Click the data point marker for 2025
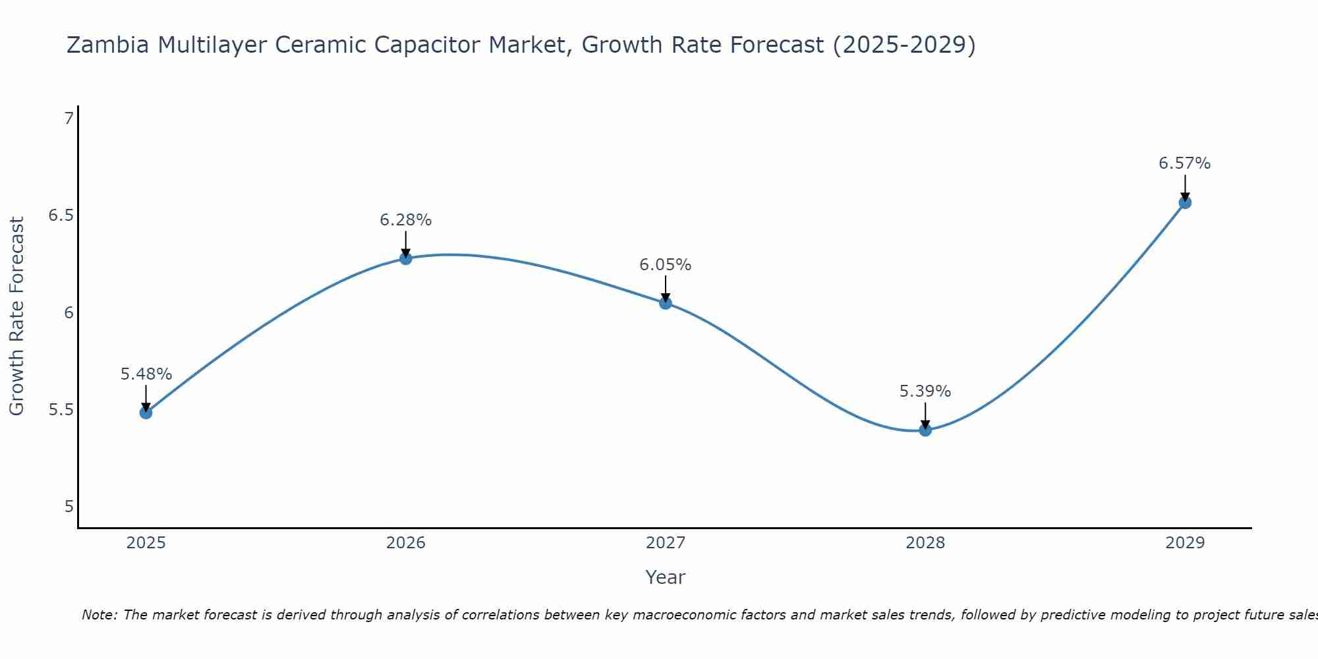(146, 413)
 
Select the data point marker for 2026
(406, 258)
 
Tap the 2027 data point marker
(666, 303)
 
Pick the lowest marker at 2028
(925, 430)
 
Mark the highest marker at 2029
(1185, 202)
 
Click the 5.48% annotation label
(146, 374)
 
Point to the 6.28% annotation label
(406, 220)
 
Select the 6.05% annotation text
(666, 265)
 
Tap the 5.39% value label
(925, 391)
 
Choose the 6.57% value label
(1185, 163)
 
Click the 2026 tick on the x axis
(406, 543)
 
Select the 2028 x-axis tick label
(925, 543)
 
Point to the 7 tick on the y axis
(69, 119)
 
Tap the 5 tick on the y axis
(69, 506)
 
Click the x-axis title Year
(666, 577)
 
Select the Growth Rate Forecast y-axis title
(16, 316)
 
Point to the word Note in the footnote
(99, 615)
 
